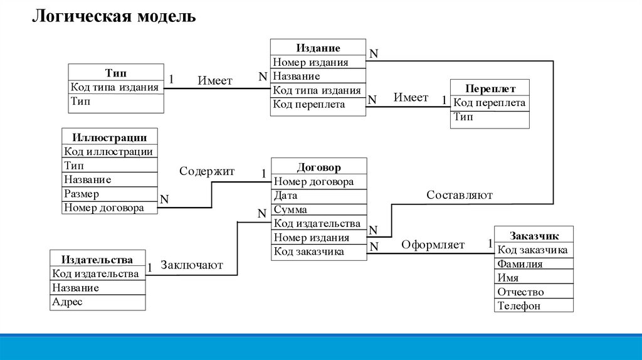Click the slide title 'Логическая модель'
114,16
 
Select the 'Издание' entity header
318,48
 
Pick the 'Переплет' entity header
490,89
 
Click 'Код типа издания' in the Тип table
115,87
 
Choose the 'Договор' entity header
318,167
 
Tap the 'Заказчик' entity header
534,236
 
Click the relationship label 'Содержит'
207,171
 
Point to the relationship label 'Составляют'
460,195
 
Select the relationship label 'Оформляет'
433,245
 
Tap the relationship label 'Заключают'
192,265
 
